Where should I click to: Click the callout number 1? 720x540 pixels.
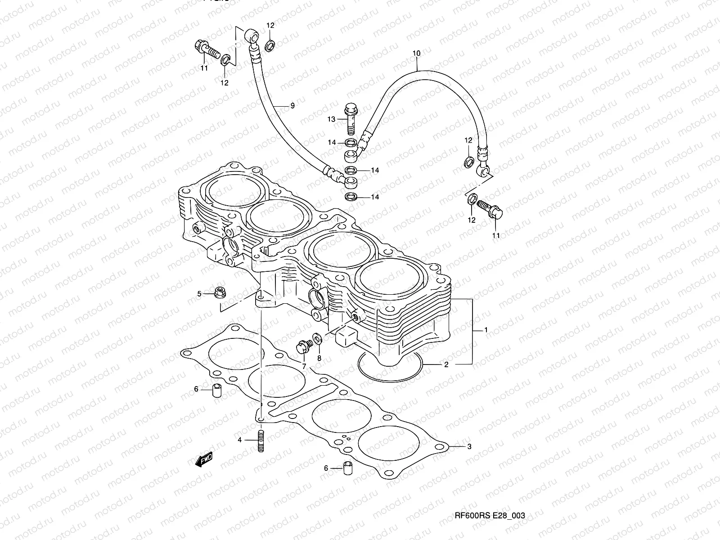[x=486, y=330]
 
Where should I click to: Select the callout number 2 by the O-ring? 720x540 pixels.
[x=446, y=364]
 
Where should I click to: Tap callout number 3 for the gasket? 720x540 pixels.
[x=469, y=447]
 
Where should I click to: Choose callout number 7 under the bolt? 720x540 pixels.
[x=304, y=366]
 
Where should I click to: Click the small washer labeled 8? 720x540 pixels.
[x=317, y=338]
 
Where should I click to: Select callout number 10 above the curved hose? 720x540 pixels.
[x=416, y=53]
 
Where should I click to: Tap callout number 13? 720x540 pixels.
[x=332, y=119]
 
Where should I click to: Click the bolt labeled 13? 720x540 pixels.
[x=351, y=118]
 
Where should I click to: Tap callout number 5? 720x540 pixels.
[x=199, y=294]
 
